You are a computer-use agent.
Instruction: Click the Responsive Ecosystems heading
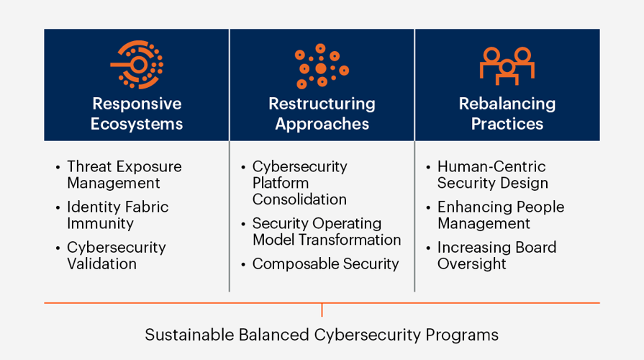(137, 114)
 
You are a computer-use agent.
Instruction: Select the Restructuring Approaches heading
(322, 114)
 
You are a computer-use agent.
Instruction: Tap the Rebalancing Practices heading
(507, 114)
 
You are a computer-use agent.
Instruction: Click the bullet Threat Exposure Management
(124, 174)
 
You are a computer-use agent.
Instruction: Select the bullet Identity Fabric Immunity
(117, 215)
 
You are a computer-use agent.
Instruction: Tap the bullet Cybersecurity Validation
(116, 255)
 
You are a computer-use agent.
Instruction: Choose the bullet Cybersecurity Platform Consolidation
(299, 183)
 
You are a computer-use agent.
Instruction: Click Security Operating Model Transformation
(326, 231)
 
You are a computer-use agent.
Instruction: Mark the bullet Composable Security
(325, 264)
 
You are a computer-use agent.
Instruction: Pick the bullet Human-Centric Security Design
(492, 174)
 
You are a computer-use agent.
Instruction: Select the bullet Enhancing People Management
(501, 215)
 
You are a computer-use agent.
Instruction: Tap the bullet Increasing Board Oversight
(496, 255)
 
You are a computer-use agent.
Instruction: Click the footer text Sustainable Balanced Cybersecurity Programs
(322, 335)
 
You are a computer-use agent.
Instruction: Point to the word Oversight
(472, 264)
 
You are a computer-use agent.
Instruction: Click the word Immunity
(101, 223)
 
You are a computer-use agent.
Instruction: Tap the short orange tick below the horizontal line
(322, 310)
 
